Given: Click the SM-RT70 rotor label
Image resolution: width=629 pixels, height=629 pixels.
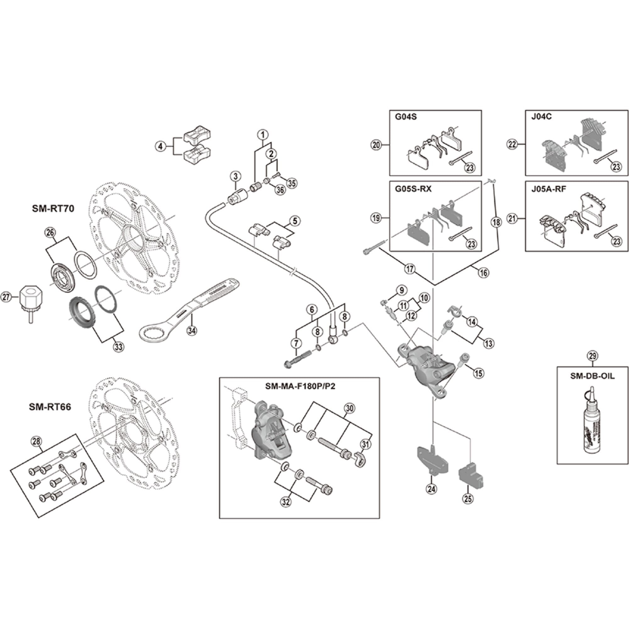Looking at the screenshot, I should pos(53,209).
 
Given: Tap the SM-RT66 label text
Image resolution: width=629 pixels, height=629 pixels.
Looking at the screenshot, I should pos(50,407).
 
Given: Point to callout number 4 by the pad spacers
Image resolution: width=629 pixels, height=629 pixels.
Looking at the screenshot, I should pos(160,147).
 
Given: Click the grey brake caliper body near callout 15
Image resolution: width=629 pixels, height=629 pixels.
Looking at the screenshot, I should pos(423,365).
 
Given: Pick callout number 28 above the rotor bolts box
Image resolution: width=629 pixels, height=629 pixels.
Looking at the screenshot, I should pos(36,442).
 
